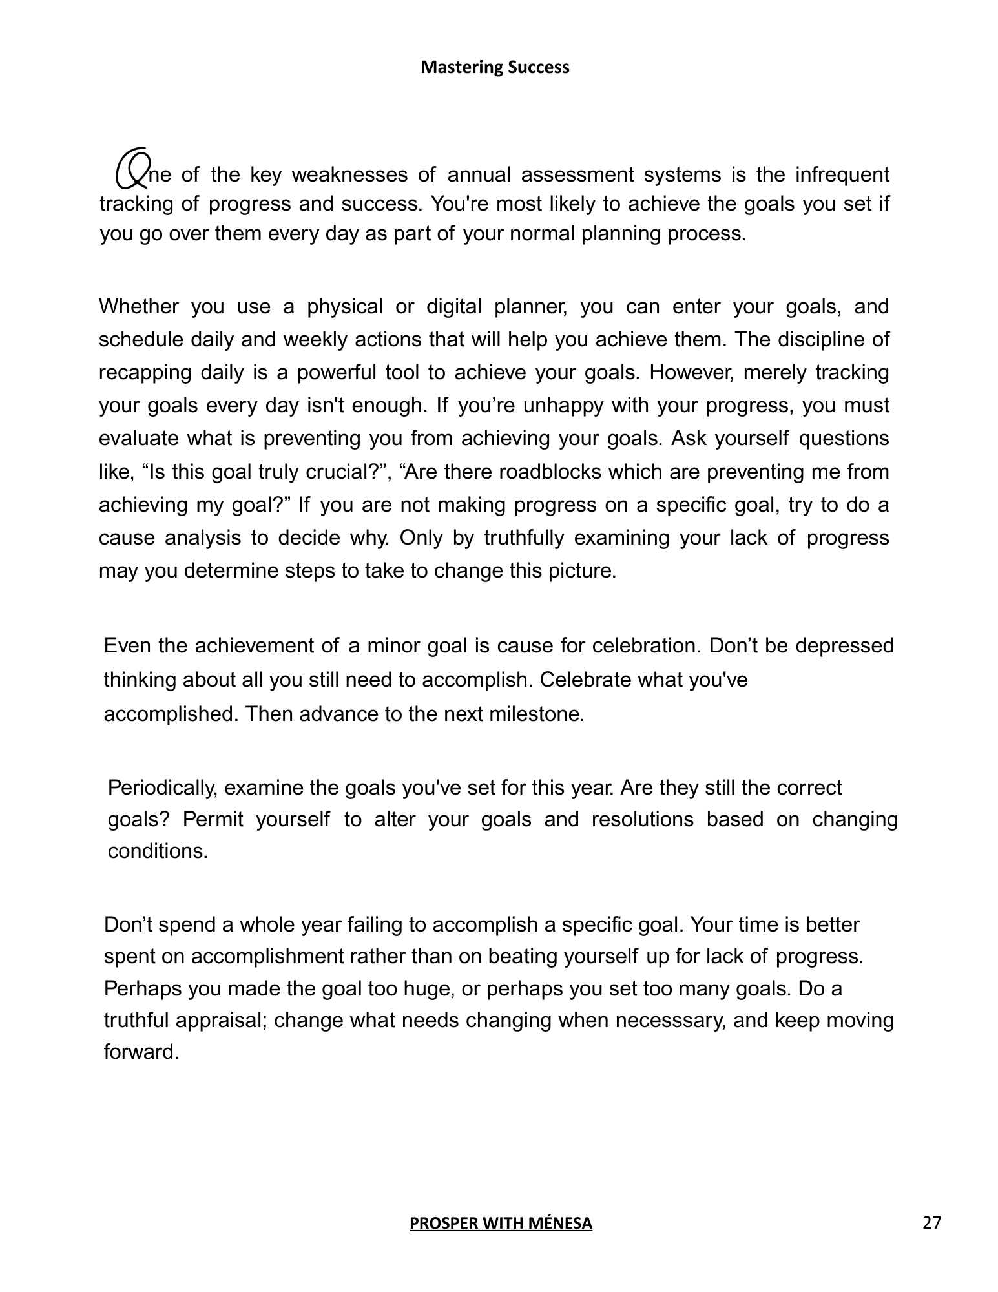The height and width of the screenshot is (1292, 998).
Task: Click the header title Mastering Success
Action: tap(495, 67)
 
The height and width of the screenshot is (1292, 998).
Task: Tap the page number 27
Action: tap(932, 1222)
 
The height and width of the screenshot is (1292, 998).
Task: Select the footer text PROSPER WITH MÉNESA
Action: tap(501, 1223)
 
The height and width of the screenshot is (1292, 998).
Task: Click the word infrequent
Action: tap(842, 175)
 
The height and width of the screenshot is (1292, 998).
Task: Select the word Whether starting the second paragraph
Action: tap(138, 306)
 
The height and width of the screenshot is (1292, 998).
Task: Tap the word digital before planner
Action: tap(454, 306)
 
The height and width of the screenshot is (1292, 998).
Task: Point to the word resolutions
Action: tap(642, 820)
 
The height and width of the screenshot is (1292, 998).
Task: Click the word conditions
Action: tap(158, 851)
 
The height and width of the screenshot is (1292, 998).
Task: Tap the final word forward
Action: tap(141, 1052)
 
